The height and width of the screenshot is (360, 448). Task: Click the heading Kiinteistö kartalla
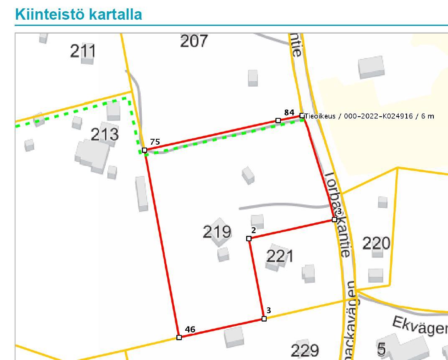(78, 14)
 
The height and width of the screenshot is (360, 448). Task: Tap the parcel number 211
(83, 51)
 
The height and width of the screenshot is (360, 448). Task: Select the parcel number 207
(193, 41)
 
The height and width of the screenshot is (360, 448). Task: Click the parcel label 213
(104, 135)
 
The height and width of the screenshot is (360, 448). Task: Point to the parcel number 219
(216, 231)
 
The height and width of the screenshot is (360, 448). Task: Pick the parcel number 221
(280, 256)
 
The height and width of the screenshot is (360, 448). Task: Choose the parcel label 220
(376, 243)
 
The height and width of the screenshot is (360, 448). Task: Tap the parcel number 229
(305, 350)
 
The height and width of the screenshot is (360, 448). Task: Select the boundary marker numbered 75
(145, 150)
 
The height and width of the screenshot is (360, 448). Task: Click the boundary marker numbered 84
(278, 120)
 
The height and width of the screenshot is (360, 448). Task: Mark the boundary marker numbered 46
(179, 337)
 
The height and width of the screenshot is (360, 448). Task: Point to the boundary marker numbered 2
(249, 238)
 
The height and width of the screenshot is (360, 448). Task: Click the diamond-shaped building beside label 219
(219, 226)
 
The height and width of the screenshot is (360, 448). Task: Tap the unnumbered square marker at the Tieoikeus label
(302, 115)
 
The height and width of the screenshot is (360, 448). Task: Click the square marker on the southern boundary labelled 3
(264, 319)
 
